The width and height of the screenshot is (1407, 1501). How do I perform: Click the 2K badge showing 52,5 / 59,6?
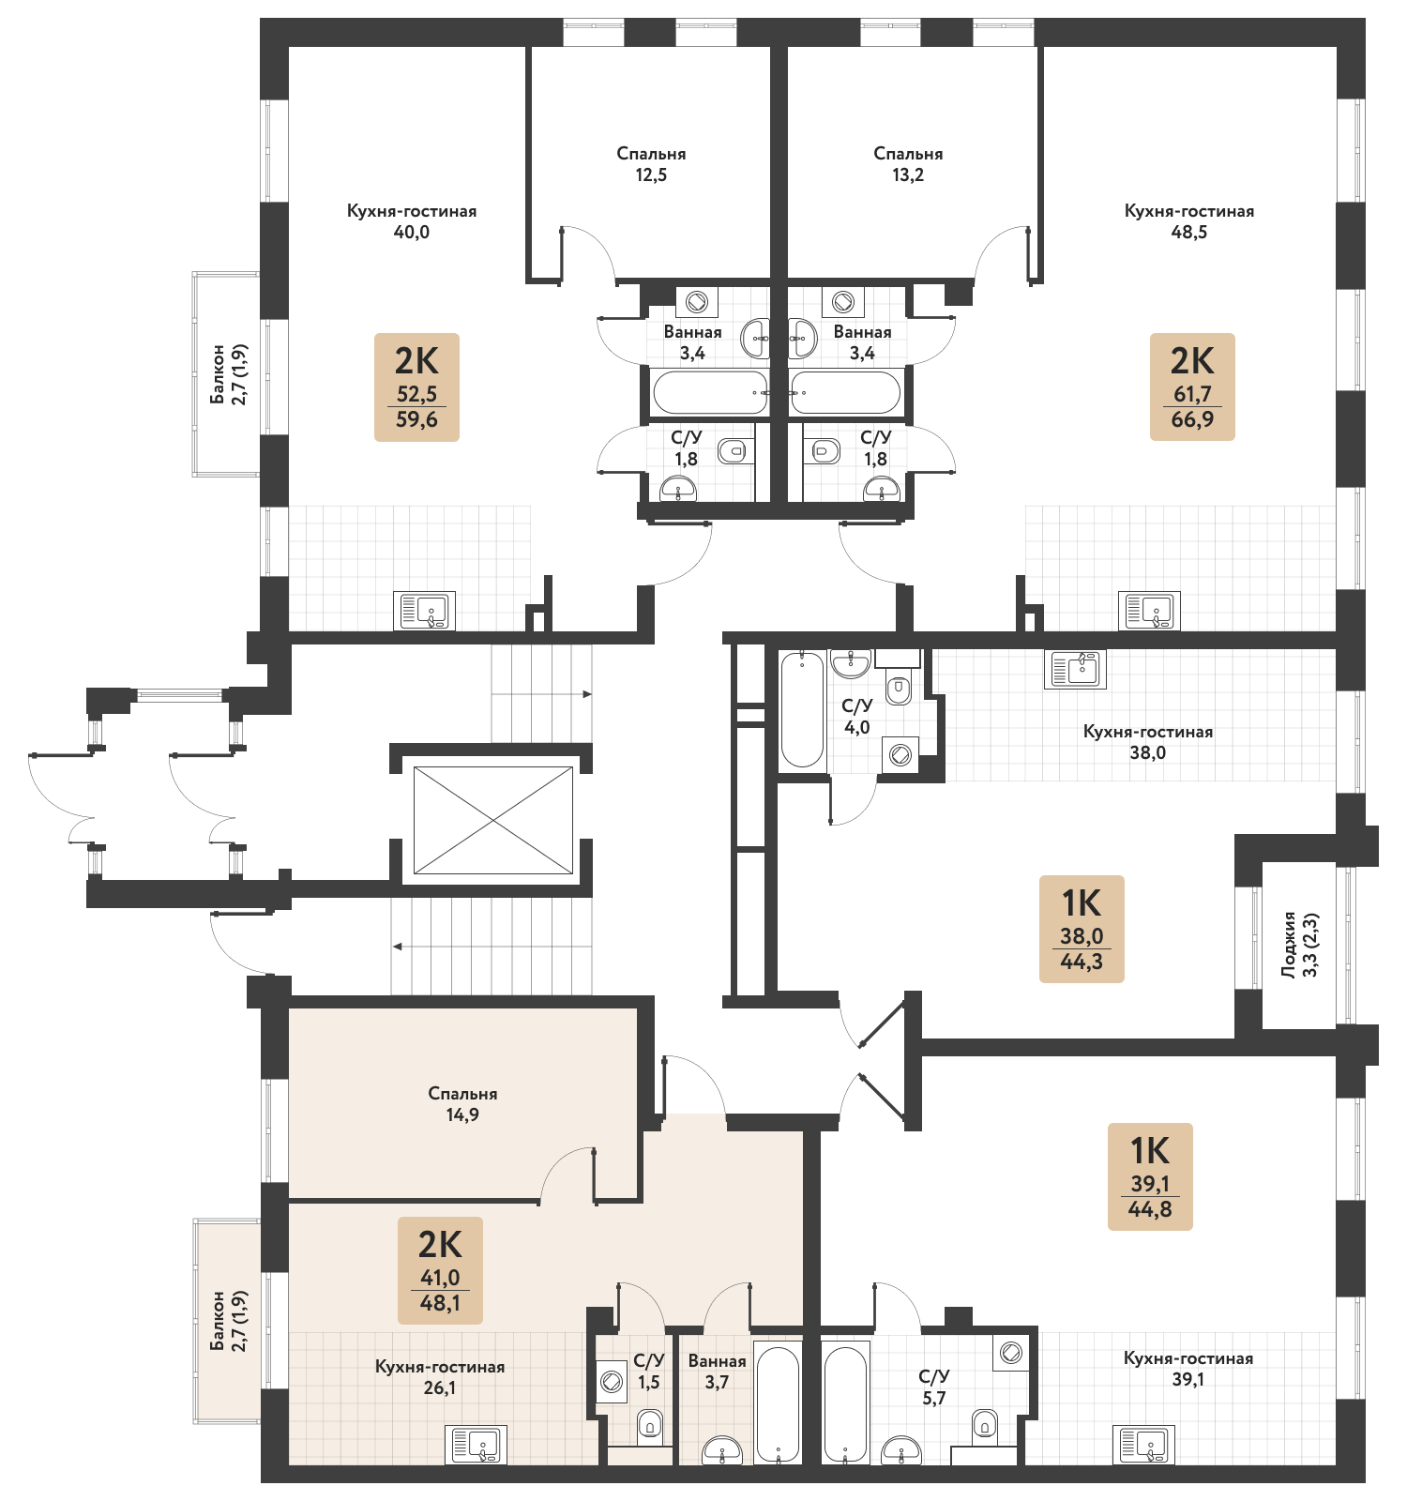416,387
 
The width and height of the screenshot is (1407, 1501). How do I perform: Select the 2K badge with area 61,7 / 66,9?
1192,387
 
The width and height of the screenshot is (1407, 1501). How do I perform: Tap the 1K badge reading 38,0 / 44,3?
1081,929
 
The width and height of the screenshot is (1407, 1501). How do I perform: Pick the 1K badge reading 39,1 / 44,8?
1150,1176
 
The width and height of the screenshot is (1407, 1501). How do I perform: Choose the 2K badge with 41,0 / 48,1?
440,1270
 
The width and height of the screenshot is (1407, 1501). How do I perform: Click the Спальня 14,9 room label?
462,1104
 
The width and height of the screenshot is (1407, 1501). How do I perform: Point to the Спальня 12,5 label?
651,163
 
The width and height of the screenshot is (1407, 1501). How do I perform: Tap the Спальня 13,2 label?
908,163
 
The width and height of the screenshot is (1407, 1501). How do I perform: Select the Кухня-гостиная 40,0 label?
412,221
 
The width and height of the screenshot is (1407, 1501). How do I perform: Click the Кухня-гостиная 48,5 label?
1189,221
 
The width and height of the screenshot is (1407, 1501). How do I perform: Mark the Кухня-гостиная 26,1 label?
440,1377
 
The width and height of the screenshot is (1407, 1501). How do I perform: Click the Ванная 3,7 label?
717,1371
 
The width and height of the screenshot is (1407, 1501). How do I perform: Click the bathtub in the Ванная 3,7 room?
779,1404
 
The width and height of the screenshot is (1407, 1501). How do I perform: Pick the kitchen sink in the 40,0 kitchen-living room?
427,611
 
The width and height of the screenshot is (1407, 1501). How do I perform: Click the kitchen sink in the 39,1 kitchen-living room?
1142,1444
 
